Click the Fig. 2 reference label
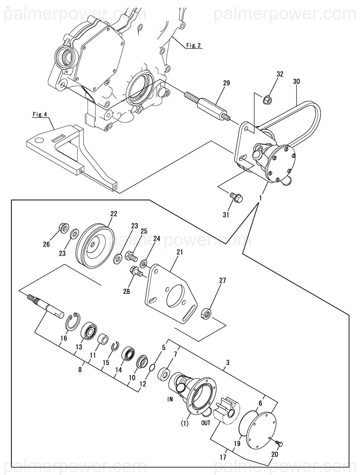pos(193,45)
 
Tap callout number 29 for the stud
pos(226,83)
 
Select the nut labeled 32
pos(267,99)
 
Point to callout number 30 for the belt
pos(297,81)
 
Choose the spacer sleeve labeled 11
pos(102,339)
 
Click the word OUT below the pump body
pos(206,423)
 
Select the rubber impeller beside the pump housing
pos(224,409)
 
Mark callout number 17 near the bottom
pos(223,457)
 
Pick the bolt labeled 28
pos(135,272)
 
